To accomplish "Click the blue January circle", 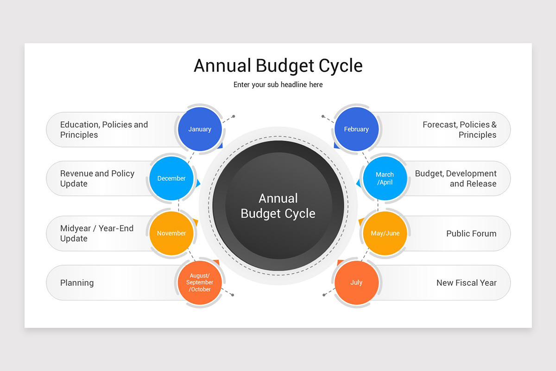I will click(x=200, y=129).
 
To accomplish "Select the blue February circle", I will click(x=356, y=129).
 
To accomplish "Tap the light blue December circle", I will click(x=171, y=179).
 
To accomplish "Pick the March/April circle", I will click(x=385, y=179).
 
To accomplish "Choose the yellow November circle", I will click(x=171, y=233).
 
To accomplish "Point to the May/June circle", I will click(x=385, y=233).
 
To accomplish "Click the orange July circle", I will click(x=356, y=282).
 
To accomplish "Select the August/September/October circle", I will click(x=200, y=282).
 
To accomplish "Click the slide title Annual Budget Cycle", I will click(x=278, y=65).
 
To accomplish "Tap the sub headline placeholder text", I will click(x=278, y=85).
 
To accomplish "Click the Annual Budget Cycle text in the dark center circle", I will click(x=278, y=206).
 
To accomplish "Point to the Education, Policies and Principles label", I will click(x=104, y=130).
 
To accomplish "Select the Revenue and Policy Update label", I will click(x=97, y=179).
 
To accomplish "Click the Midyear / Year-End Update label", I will click(x=96, y=233).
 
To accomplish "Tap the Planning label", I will click(x=77, y=283).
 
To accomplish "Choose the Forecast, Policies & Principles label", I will click(x=459, y=130).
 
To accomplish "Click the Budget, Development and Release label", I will click(x=455, y=179).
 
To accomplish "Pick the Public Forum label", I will click(x=471, y=234).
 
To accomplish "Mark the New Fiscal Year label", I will click(x=466, y=283).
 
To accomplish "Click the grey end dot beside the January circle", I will click(x=234, y=116).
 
